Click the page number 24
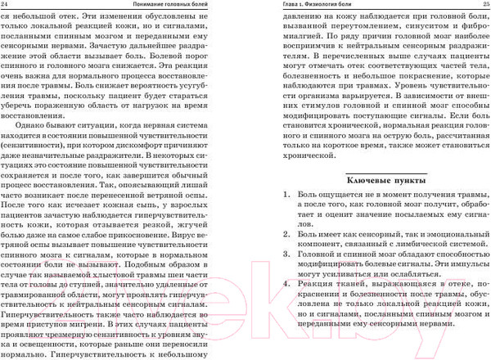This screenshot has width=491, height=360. (7, 7)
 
